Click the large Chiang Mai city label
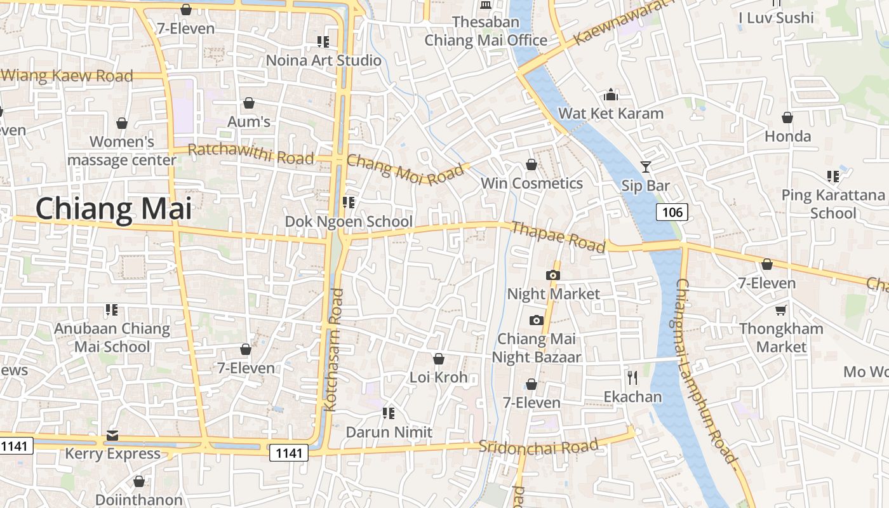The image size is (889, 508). (x=113, y=209)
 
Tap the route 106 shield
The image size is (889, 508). (x=672, y=212)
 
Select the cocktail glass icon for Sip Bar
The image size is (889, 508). (x=646, y=167)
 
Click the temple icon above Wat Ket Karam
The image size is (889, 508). (x=611, y=95)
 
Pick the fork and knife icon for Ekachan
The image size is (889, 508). (x=632, y=378)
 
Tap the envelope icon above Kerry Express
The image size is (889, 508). (x=112, y=435)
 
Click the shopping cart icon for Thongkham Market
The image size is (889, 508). (x=780, y=310)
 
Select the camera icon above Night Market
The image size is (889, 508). (x=552, y=275)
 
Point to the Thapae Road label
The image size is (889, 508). (x=558, y=237)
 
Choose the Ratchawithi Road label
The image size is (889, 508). (x=251, y=154)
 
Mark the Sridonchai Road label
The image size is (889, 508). (x=538, y=446)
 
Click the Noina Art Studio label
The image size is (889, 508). (x=324, y=61)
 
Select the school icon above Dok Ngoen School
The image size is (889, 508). (x=348, y=203)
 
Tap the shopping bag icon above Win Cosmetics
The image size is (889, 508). (x=531, y=165)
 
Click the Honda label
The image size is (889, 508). (x=787, y=136)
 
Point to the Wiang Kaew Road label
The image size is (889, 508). (x=67, y=76)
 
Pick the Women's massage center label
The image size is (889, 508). (x=122, y=150)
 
